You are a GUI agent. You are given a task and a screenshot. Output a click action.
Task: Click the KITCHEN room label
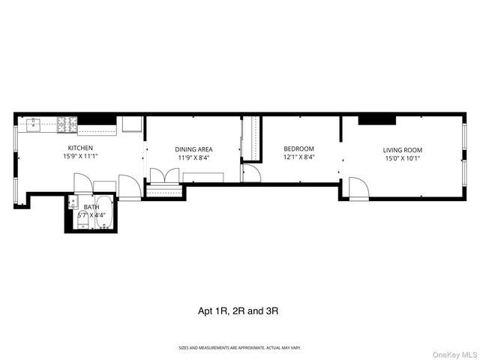pyautogui.click(x=80, y=148)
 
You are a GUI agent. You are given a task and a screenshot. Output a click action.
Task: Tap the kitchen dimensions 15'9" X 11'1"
pyautogui.click(x=80, y=157)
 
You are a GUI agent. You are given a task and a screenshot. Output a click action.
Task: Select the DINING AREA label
pyautogui.click(x=193, y=148)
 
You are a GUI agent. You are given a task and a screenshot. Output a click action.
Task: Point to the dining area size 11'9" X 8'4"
pyautogui.click(x=193, y=158)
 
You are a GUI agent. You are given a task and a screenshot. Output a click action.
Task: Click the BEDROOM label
pyautogui.click(x=298, y=148)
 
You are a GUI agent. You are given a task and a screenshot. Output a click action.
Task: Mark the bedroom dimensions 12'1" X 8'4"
pyautogui.click(x=298, y=157)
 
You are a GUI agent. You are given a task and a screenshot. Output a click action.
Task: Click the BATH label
pyautogui.click(x=91, y=207)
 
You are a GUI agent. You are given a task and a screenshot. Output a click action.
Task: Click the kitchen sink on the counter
pyautogui.click(x=34, y=124)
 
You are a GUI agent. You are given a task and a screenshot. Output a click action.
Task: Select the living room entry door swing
pyautogui.click(x=358, y=189)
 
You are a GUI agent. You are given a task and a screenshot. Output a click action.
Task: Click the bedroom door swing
pyautogui.click(x=251, y=173)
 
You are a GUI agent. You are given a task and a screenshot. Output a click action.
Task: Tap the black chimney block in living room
pyautogui.click(x=377, y=120)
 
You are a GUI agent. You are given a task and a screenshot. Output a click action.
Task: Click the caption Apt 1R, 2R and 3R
pyautogui.click(x=240, y=310)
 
